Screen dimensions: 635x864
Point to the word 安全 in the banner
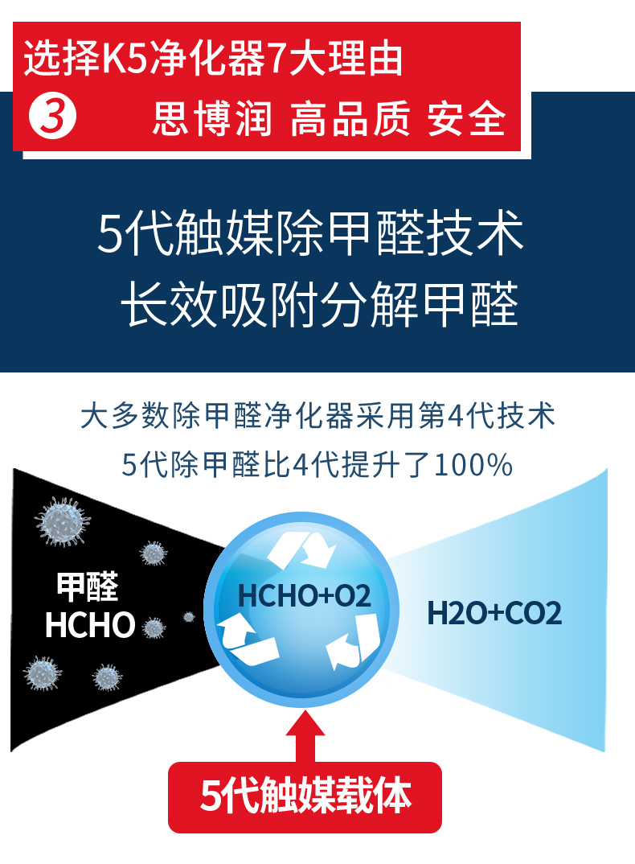pos(467,118)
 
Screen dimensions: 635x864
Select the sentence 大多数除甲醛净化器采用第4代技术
pos(317,417)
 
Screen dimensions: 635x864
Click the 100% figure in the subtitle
pos(473,465)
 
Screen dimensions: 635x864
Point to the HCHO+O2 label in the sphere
pos(305,596)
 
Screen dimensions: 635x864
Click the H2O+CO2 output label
pos(494,615)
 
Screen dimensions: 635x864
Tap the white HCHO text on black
pos(90,626)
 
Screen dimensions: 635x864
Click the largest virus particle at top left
pos(63,521)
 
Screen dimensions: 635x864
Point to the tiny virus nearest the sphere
pos(189,617)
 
